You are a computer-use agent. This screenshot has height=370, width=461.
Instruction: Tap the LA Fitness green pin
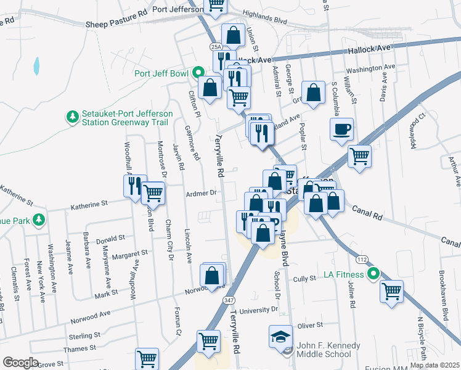click(x=372, y=273)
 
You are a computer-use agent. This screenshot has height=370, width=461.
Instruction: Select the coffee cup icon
click(x=341, y=129)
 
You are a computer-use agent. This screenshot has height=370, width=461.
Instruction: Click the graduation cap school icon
click(x=280, y=337)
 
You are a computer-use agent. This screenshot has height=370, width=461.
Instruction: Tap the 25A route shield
click(x=215, y=46)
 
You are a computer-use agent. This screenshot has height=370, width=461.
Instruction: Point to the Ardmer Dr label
click(x=201, y=193)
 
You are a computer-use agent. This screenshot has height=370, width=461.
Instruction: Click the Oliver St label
click(x=310, y=325)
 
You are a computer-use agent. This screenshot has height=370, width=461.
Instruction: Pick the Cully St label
click(x=304, y=279)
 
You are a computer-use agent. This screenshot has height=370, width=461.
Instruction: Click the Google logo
click(x=20, y=363)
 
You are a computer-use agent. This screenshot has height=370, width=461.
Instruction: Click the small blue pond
click(x=37, y=64)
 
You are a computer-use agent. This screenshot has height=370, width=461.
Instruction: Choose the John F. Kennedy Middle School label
click(x=328, y=350)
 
